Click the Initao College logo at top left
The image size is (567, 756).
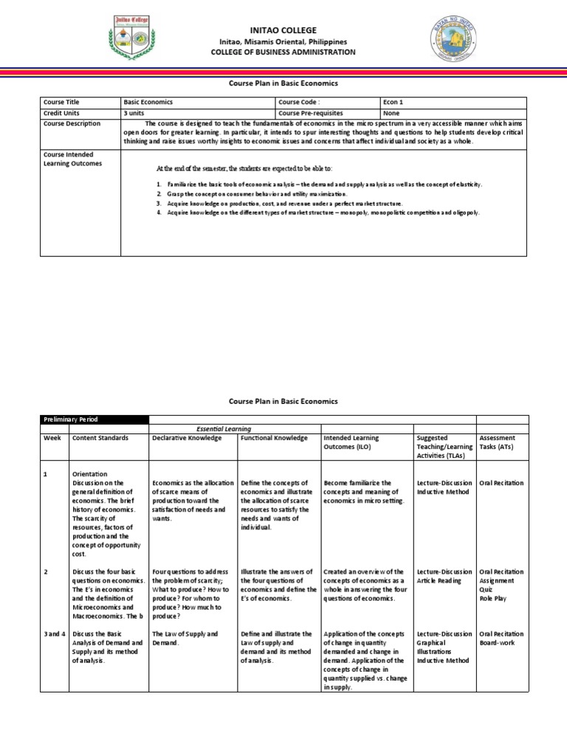coord(134,38)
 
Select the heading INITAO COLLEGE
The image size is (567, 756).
coord(283,30)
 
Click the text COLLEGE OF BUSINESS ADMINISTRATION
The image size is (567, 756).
coord(283,52)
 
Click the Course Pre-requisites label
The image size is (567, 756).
coord(311,113)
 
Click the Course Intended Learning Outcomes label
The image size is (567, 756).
coord(72,159)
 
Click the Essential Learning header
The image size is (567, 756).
coord(223,428)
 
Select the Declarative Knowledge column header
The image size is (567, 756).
coord(187,438)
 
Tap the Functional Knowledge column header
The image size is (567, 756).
coord(274,438)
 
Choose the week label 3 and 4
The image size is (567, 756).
coord(55,633)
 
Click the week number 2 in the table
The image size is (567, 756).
coord(46,571)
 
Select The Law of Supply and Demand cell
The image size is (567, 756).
coord(185,638)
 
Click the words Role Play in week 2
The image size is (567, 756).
coord(494,598)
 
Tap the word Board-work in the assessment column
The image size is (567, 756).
coord(498,642)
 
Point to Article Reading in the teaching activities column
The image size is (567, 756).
coord(439,580)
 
